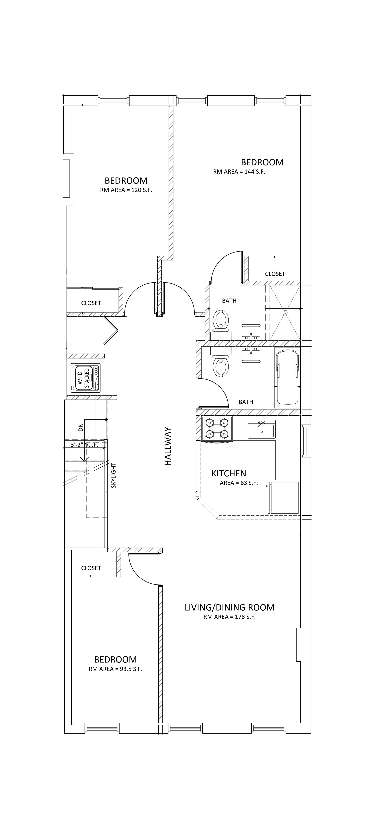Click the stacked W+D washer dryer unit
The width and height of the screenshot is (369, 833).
point(86,378)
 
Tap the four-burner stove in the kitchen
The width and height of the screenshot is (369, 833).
point(217,428)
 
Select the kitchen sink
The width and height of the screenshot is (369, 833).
point(261,429)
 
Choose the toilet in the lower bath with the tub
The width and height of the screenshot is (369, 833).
point(221,364)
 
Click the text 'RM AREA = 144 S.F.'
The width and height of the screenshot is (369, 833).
point(239,172)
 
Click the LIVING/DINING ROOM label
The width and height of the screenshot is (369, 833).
point(229,607)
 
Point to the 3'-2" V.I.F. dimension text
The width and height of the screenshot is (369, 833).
point(84,445)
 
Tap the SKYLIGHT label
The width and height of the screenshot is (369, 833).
point(113,475)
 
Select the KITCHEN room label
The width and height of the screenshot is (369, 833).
point(229,474)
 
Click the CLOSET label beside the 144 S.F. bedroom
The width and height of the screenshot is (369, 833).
point(275,274)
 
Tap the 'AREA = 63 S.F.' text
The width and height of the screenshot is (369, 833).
point(239,483)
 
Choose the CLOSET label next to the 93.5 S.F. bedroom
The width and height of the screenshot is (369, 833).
point(91,568)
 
